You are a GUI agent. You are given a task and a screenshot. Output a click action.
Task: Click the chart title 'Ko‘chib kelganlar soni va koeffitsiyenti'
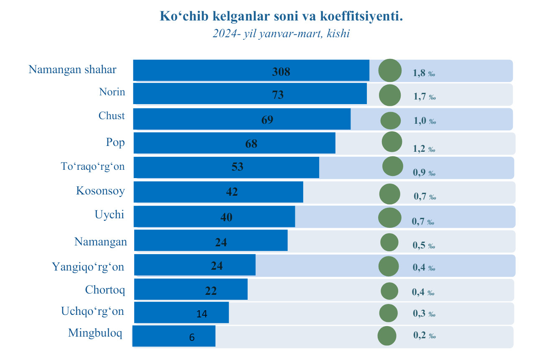pyautogui.click(x=281, y=16)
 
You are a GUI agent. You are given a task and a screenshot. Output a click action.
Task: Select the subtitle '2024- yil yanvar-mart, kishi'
pyautogui.click(x=281, y=34)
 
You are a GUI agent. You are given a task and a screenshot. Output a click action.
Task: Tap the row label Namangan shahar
pyautogui.click(x=72, y=69)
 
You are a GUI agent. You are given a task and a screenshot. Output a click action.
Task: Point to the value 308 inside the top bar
pyautogui.click(x=281, y=72)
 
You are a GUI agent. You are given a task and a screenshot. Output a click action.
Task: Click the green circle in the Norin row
pyautogui.click(x=389, y=95)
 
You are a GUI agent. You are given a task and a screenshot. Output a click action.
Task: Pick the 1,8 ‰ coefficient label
pyautogui.click(x=424, y=73)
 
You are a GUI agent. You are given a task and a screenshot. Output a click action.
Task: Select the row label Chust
pyautogui.click(x=112, y=115)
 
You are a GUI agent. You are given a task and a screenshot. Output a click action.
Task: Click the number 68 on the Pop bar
pyautogui.click(x=251, y=144)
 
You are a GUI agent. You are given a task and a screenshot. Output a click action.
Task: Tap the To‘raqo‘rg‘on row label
pyautogui.click(x=92, y=166)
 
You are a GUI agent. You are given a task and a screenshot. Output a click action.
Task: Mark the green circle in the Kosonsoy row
pyautogui.click(x=389, y=194)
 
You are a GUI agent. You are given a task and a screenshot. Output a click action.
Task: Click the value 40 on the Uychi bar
pyautogui.click(x=226, y=217)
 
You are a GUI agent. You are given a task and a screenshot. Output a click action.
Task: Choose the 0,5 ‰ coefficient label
pyautogui.click(x=424, y=245)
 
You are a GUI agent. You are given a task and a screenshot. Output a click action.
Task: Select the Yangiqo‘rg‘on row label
pyautogui.click(x=88, y=266)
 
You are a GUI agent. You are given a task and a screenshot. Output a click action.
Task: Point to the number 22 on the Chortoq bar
pyautogui.click(x=211, y=291)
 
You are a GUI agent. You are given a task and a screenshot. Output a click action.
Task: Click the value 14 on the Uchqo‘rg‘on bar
pyautogui.click(x=202, y=314)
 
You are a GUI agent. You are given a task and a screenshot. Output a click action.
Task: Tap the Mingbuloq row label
pyautogui.click(x=95, y=333)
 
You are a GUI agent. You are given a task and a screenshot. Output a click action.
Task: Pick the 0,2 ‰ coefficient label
pyautogui.click(x=424, y=335)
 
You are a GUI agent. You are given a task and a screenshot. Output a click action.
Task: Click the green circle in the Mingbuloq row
pyautogui.click(x=387, y=336)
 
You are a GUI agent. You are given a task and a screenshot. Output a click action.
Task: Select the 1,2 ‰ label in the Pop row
pyautogui.click(x=424, y=149)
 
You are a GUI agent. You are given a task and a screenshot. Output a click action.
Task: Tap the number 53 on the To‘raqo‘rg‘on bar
pyautogui.click(x=237, y=167)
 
